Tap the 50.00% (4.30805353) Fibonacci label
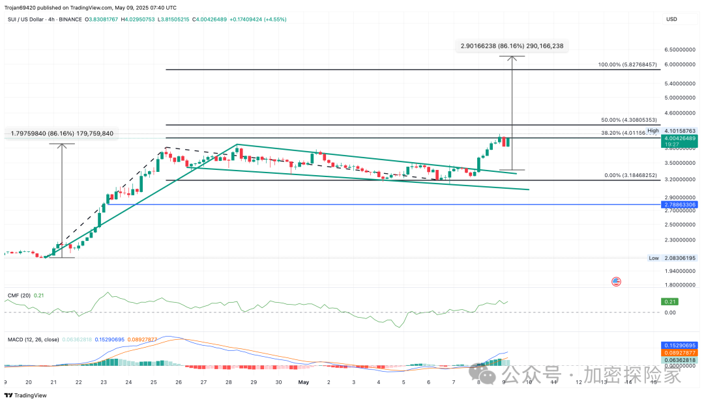tap(629, 120)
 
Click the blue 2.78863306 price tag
tap(680, 204)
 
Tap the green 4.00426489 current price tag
tap(680, 138)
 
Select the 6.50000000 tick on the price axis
tap(680, 49)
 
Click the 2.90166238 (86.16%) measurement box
tap(511, 46)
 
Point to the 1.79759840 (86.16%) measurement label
tap(62, 133)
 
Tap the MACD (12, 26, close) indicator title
tap(34, 340)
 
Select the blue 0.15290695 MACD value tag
tap(680, 344)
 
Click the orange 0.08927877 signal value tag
tap(680, 352)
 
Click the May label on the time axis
tap(303, 383)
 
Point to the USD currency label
tap(671, 19)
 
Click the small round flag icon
tap(616, 281)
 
